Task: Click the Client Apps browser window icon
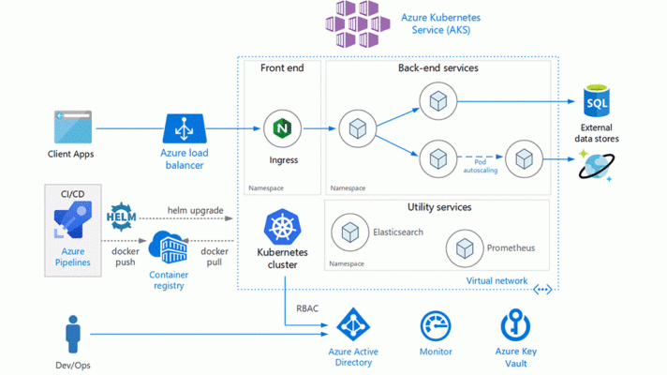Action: (73, 127)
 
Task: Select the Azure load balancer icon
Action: (185, 128)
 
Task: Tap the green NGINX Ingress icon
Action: (282, 128)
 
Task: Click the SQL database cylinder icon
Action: (597, 101)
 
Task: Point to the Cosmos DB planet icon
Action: (596, 166)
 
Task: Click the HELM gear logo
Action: (121, 217)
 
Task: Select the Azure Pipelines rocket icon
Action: (73, 220)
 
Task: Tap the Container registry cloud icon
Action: (168, 247)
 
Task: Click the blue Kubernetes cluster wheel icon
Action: (282, 227)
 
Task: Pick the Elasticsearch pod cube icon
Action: (350, 232)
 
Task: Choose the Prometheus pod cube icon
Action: (465, 248)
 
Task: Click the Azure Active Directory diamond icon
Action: (353, 324)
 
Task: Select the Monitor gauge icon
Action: (436, 326)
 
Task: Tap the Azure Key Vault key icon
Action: (515, 324)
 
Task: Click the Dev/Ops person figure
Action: (73, 334)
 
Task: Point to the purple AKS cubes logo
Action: (357, 23)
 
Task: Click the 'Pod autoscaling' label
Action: (481, 166)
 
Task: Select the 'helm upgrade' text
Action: (195, 210)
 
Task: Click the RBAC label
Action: (307, 308)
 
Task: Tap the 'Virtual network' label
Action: (497, 281)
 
